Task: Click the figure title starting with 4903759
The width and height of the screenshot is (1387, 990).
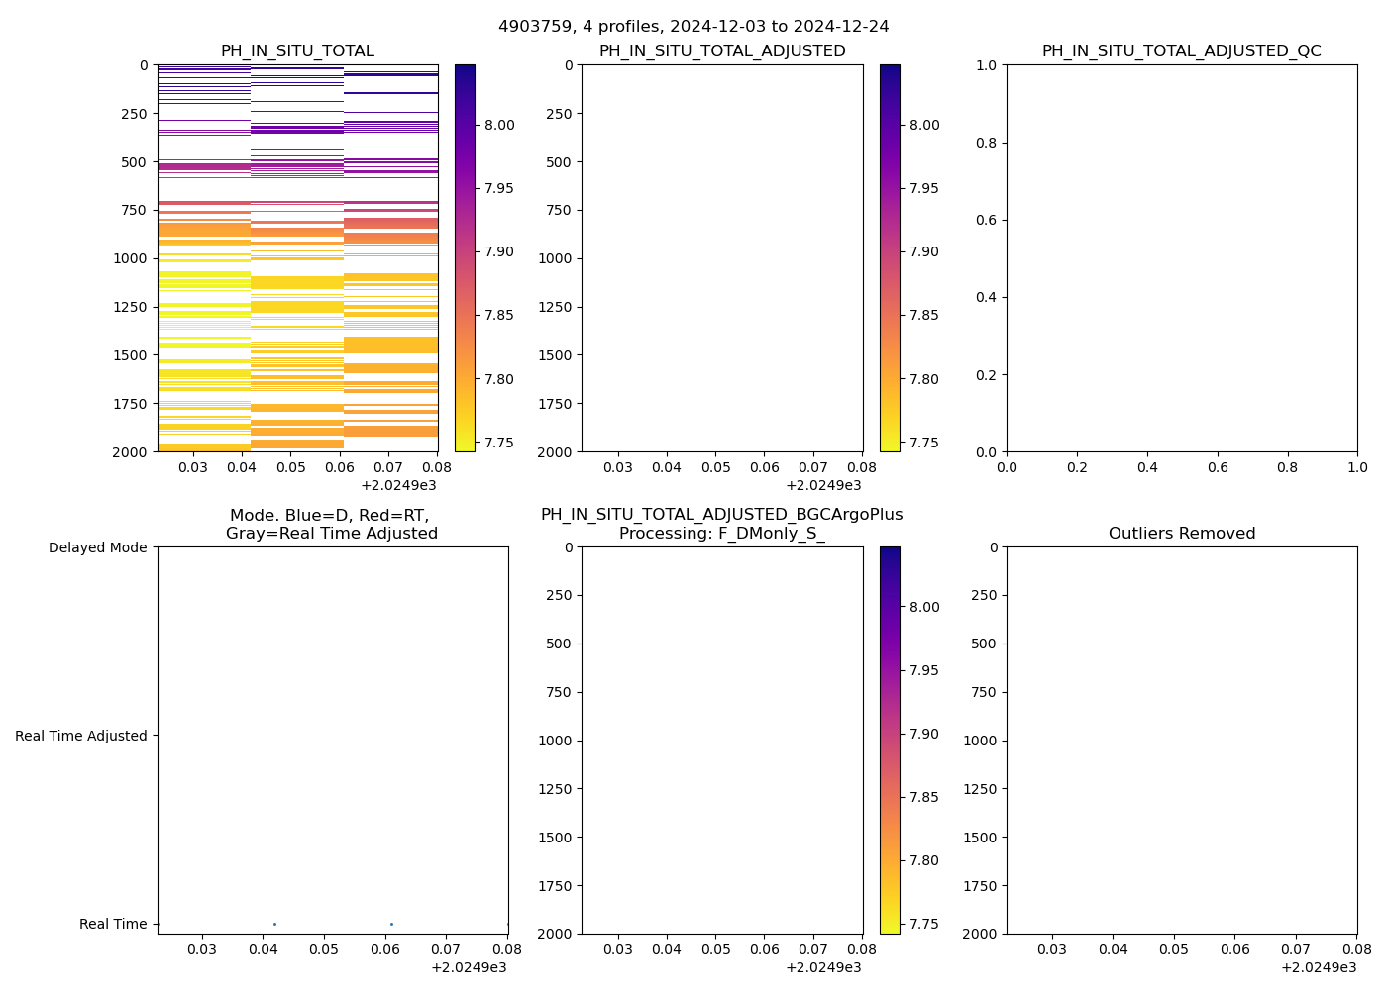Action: pyautogui.click(x=693, y=27)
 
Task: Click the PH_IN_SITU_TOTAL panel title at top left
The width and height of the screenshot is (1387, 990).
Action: pyautogui.click(x=297, y=51)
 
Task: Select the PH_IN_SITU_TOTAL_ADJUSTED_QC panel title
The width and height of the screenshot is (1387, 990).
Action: pyautogui.click(x=1181, y=51)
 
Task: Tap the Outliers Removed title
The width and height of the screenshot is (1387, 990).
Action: pyautogui.click(x=1181, y=534)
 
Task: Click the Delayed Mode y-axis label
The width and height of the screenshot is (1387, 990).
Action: pyautogui.click(x=97, y=547)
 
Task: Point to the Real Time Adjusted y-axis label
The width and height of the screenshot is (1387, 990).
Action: pyautogui.click(x=81, y=736)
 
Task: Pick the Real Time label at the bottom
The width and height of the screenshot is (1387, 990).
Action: pyautogui.click(x=113, y=924)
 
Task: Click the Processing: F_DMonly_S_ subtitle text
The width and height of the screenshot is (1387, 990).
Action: pyautogui.click(x=721, y=534)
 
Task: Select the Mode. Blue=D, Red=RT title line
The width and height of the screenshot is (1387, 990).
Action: pyautogui.click(x=329, y=516)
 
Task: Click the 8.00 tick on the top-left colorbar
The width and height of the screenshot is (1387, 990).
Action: pyautogui.click(x=499, y=125)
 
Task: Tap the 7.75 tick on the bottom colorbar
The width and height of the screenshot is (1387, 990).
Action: pyautogui.click(x=924, y=924)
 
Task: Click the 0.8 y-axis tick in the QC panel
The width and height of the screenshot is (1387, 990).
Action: pyautogui.click(x=986, y=143)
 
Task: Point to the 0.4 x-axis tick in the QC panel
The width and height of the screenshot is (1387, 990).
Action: pyautogui.click(x=1146, y=467)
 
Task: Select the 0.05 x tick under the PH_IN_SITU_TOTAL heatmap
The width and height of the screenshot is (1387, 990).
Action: pyautogui.click(x=290, y=467)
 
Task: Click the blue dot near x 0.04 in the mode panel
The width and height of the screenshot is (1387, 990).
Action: pyautogui.click(x=274, y=924)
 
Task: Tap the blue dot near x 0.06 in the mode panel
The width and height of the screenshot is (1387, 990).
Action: pyautogui.click(x=391, y=924)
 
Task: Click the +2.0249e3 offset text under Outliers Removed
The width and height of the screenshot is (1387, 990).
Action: pyautogui.click(x=1319, y=967)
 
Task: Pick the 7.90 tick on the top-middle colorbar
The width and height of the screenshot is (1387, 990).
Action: pyautogui.click(x=924, y=251)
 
